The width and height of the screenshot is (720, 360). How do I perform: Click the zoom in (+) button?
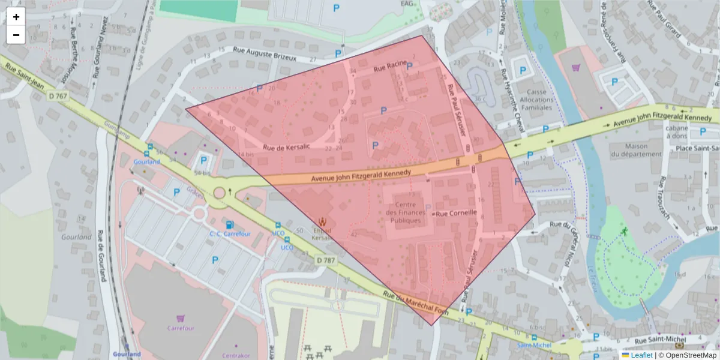[16, 17]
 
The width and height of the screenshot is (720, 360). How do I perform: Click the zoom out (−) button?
[16, 35]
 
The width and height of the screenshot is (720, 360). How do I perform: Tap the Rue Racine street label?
[390, 68]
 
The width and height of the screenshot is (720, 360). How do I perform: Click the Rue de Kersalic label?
[286, 147]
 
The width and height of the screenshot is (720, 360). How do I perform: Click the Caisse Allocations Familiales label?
[536, 100]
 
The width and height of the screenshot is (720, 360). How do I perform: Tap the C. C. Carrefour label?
[229, 234]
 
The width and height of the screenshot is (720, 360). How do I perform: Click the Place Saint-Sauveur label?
[697, 148]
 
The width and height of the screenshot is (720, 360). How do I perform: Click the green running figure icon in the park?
[625, 232]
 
